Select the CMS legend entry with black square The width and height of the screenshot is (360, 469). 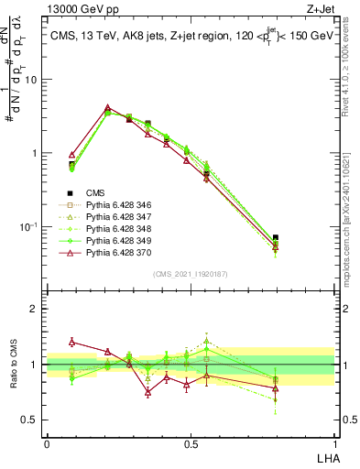[95, 192]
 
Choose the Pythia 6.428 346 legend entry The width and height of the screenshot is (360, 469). [123, 206]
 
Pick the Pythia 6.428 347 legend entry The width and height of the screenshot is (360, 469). [123, 219]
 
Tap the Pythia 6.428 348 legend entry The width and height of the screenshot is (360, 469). [123, 232]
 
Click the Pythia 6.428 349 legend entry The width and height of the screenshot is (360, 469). [123, 245]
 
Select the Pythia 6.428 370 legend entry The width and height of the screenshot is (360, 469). [123, 257]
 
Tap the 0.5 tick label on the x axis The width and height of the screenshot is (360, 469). [191, 442]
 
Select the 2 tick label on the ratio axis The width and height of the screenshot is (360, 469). [35, 309]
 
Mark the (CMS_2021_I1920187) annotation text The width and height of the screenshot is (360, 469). [190, 273]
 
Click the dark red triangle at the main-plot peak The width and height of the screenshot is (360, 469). [108, 107]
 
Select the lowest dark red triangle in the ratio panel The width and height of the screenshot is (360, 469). [147, 392]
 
